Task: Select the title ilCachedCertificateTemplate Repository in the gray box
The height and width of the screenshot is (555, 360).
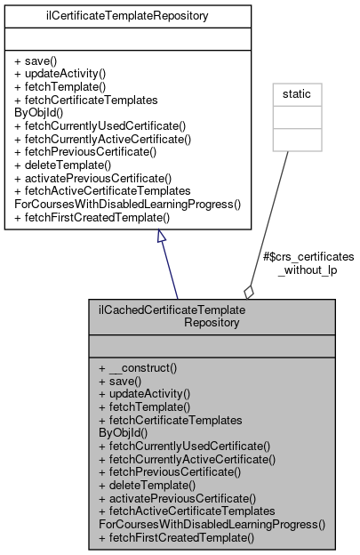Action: [x=211, y=317]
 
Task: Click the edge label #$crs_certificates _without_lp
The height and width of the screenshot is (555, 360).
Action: [x=308, y=262]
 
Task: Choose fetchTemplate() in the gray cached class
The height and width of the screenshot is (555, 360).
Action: [x=143, y=406]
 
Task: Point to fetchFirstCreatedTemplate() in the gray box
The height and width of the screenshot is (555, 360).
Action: [x=176, y=538]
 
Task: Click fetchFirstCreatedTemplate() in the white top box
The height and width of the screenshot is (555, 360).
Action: [x=92, y=216]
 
